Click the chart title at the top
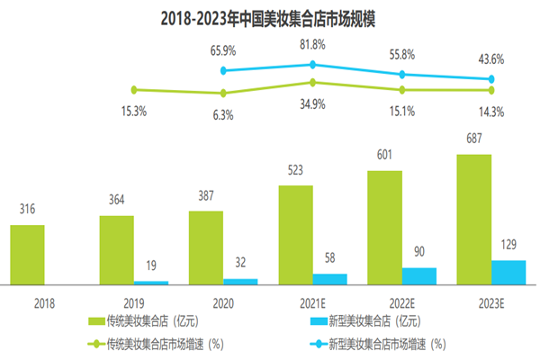point(269,17)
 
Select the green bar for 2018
point(27,254)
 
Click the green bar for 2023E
point(474,220)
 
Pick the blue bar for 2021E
point(329,279)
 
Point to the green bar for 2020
point(206,247)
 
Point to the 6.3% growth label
point(223,114)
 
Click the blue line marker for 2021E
point(312,64)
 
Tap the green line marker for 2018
point(134,89)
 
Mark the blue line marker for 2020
point(223,69)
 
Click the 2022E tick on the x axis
point(402,303)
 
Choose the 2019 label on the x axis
point(134,303)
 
